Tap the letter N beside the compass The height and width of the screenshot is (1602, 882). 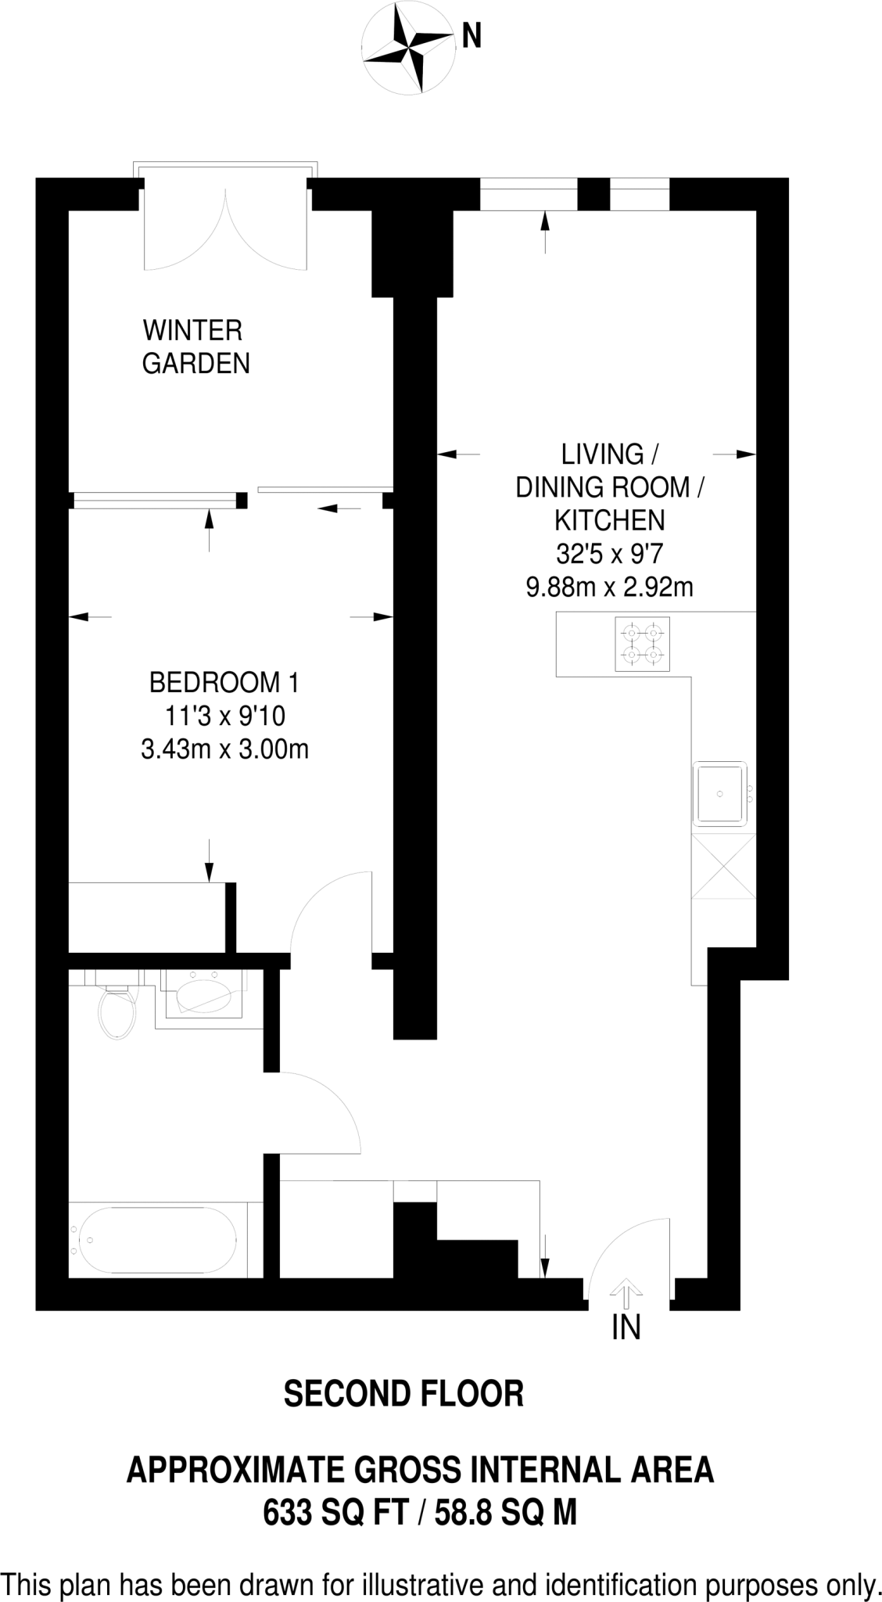(471, 36)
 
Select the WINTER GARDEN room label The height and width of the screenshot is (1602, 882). (195, 347)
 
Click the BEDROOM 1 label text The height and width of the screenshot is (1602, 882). (224, 683)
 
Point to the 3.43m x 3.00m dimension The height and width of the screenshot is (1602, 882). (224, 750)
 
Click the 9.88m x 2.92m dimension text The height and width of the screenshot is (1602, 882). (610, 587)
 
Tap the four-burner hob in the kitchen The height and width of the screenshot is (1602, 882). (642, 644)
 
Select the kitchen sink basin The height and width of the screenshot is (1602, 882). (720, 793)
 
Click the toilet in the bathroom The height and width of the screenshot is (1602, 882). (117, 1012)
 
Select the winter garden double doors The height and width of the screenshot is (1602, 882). (226, 231)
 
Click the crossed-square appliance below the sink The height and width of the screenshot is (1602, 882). (723, 867)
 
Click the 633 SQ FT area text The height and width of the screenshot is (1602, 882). (337, 1513)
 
